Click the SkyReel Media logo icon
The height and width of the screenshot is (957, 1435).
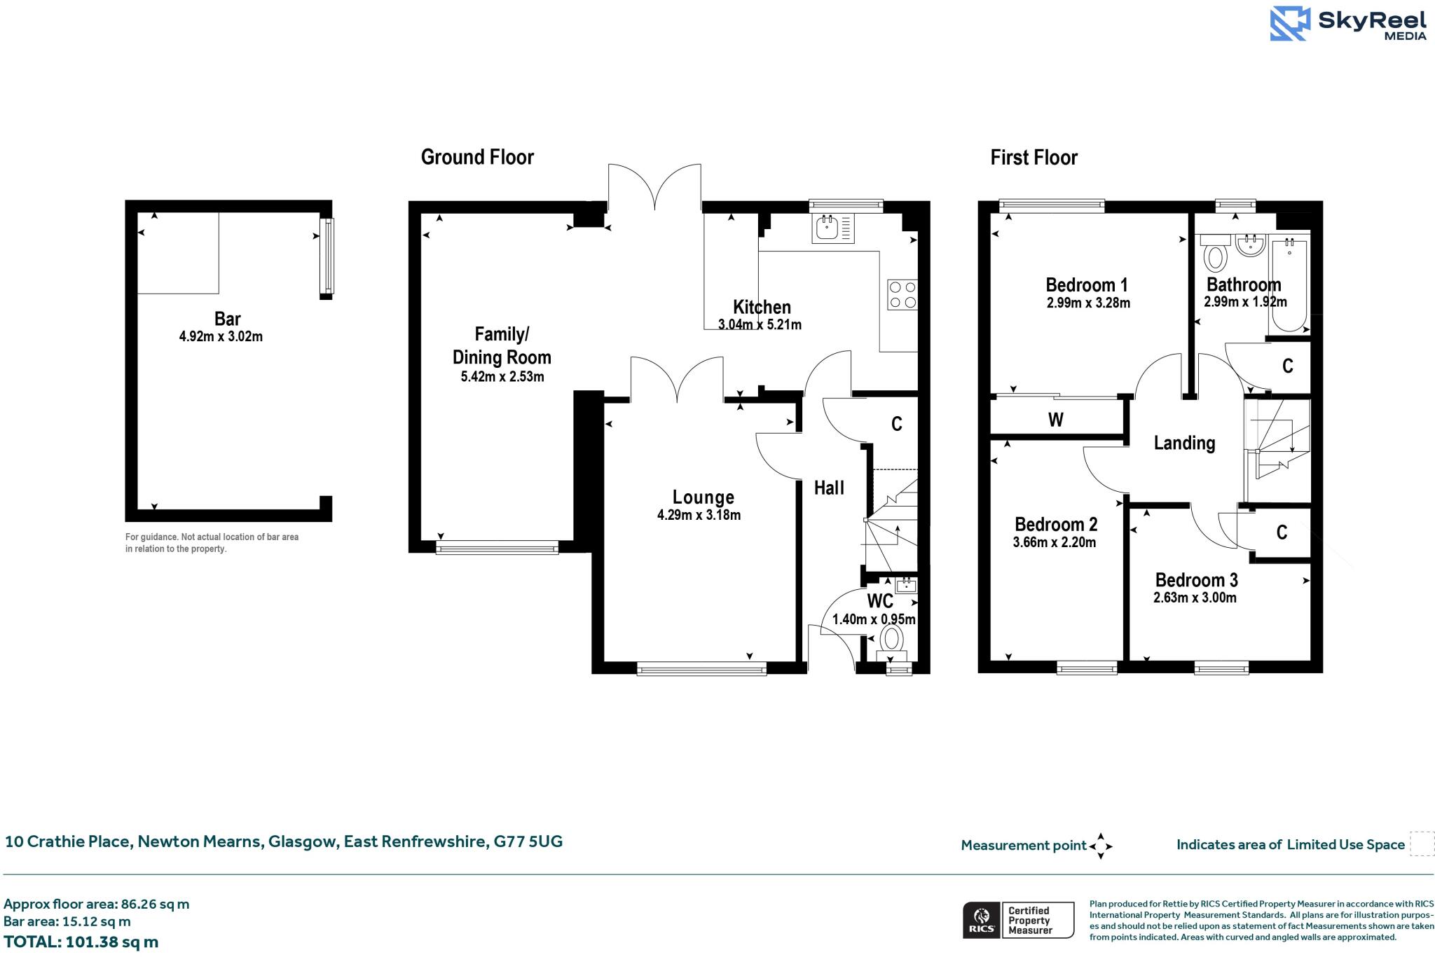(x=1290, y=24)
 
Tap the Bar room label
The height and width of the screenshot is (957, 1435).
(x=228, y=319)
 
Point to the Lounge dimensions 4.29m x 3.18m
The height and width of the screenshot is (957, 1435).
(x=699, y=516)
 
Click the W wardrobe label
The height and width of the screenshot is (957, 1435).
(x=1055, y=420)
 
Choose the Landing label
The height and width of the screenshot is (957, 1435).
(x=1184, y=443)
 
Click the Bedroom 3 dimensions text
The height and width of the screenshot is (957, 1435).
(x=1195, y=598)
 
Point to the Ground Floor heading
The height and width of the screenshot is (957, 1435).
(x=477, y=157)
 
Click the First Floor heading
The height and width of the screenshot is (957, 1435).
(x=1034, y=158)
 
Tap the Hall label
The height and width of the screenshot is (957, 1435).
(x=829, y=488)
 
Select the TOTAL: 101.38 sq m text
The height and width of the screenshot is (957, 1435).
(x=81, y=942)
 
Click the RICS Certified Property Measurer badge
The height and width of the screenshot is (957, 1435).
(x=1018, y=920)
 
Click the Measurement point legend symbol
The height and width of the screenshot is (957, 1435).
(x=1100, y=846)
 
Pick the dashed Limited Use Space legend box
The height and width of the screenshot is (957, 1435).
(x=1422, y=844)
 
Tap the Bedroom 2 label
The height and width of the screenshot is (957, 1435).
(x=1056, y=524)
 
